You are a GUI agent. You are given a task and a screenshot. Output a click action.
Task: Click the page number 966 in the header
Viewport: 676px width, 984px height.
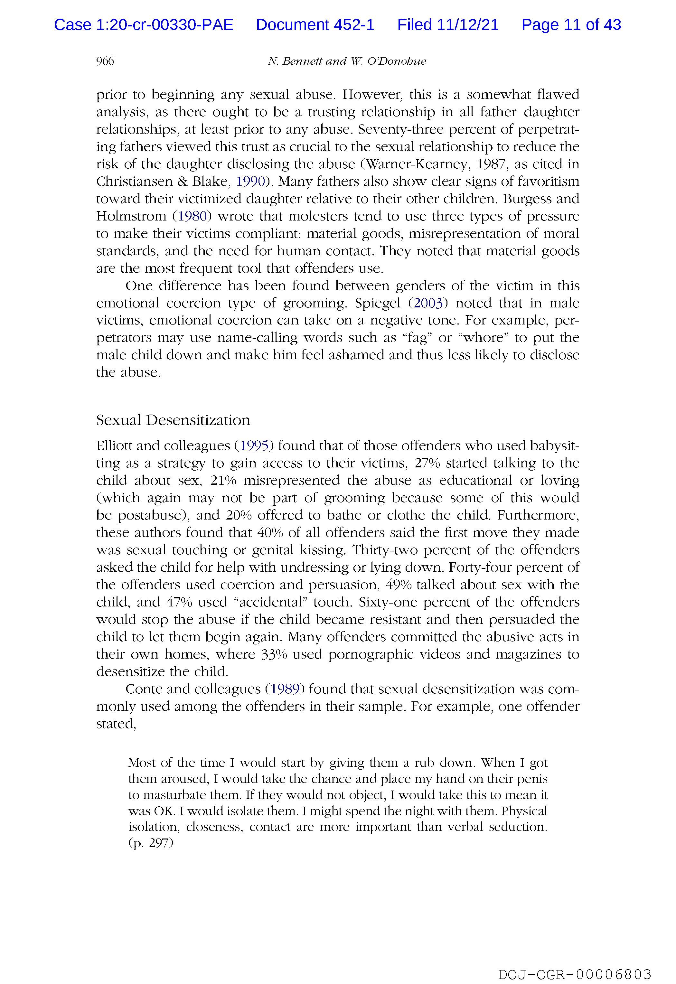coord(105,61)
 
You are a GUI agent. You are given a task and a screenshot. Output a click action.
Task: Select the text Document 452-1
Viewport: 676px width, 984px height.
coord(315,25)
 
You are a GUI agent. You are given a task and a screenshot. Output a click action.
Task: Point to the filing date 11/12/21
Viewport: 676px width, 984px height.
coord(468,25)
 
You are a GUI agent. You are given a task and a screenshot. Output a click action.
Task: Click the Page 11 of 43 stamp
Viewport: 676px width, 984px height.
coord(571,25)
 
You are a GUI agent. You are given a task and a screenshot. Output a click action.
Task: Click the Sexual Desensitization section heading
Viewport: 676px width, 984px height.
coord(173,420)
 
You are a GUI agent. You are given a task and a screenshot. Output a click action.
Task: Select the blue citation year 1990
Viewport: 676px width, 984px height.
coord(250,182)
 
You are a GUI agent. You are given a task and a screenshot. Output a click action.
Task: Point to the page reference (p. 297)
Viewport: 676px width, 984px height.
coord(150,843)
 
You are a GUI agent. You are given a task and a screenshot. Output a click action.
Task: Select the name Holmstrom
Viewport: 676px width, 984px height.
coord(131,216)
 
